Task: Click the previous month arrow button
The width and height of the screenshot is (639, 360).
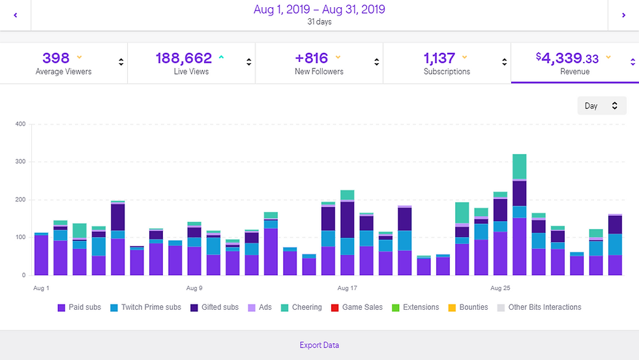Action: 15,14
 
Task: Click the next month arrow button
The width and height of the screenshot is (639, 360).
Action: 624,14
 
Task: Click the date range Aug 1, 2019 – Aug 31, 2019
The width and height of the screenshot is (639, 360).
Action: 319,10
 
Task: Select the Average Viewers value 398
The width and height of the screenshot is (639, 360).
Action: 56,58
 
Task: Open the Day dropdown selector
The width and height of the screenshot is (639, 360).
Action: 601,106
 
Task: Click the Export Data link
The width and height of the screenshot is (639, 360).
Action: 319,345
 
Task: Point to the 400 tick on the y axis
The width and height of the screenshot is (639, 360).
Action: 20,124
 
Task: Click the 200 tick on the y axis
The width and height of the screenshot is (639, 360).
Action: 20,200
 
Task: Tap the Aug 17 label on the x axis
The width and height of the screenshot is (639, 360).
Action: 348,288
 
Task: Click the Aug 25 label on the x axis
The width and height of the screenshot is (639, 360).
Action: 500,288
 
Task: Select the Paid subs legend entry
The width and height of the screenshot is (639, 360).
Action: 80,307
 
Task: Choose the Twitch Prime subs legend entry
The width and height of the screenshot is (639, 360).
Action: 145,307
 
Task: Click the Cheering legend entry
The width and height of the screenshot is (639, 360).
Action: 302,307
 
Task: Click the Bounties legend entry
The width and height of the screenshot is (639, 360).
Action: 468,307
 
